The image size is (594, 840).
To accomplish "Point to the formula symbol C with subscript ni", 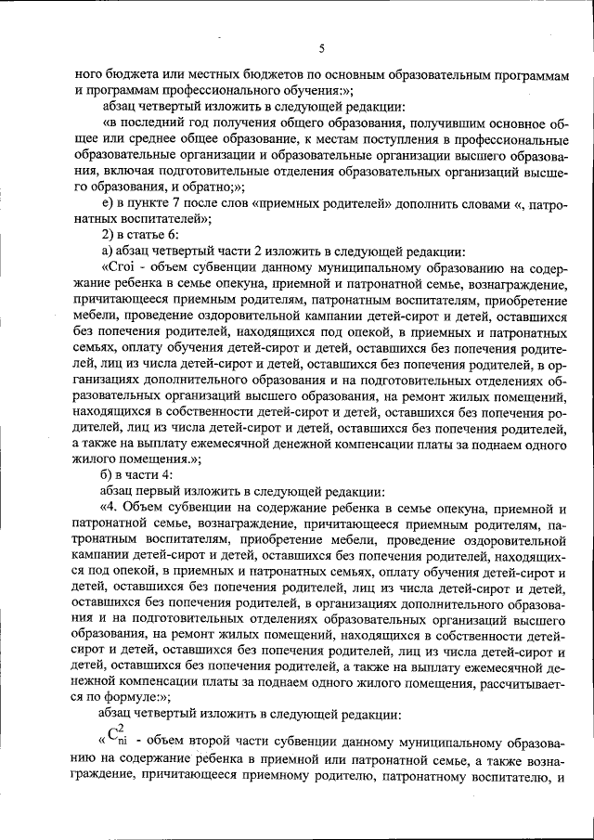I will [113, 740].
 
